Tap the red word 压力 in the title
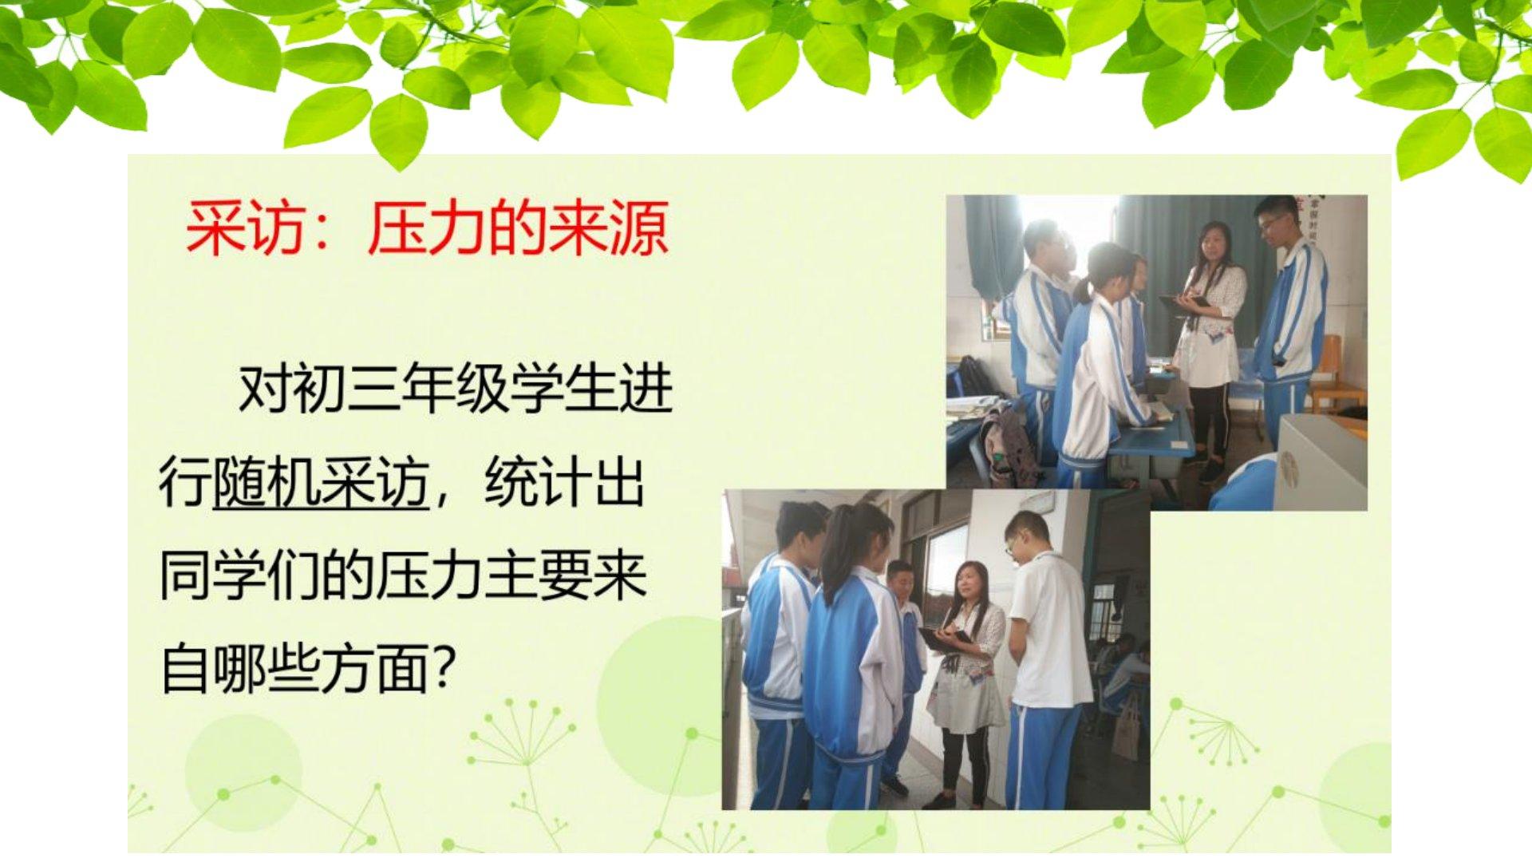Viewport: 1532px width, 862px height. pos(427,230)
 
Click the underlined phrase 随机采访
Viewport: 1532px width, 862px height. pos(321,482)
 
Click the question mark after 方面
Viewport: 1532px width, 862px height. pos(442,669)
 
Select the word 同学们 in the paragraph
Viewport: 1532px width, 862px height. pos(239,575)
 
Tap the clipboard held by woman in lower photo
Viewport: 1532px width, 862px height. pos(944,636)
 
